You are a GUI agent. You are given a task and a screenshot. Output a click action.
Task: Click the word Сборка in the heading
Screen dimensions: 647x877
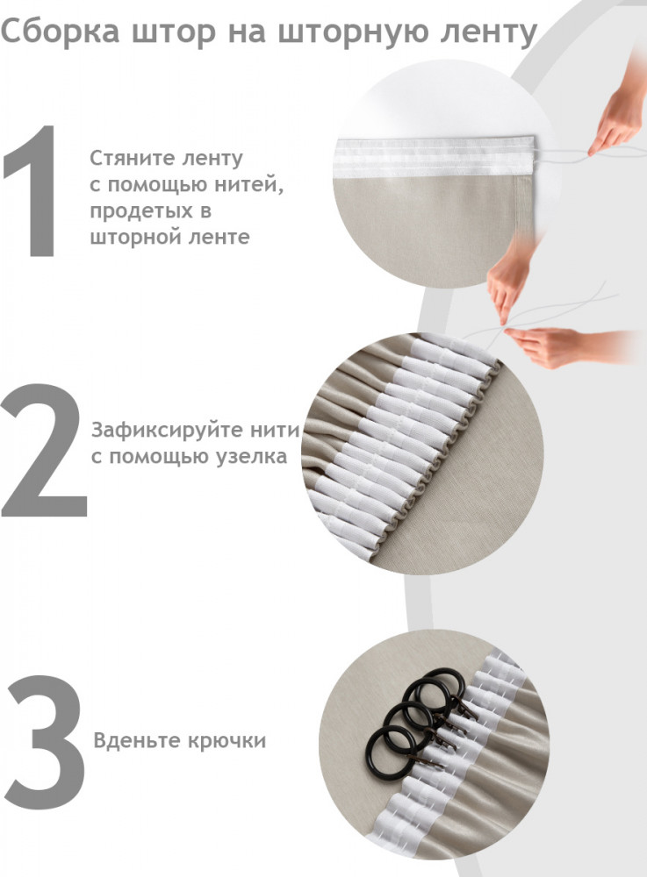(x=60, y=32)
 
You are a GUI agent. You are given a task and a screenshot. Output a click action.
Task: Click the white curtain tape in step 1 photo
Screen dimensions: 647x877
(x=435, y=157)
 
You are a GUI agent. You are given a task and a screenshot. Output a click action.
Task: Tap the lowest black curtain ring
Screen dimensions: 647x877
(x=392, y=752)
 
